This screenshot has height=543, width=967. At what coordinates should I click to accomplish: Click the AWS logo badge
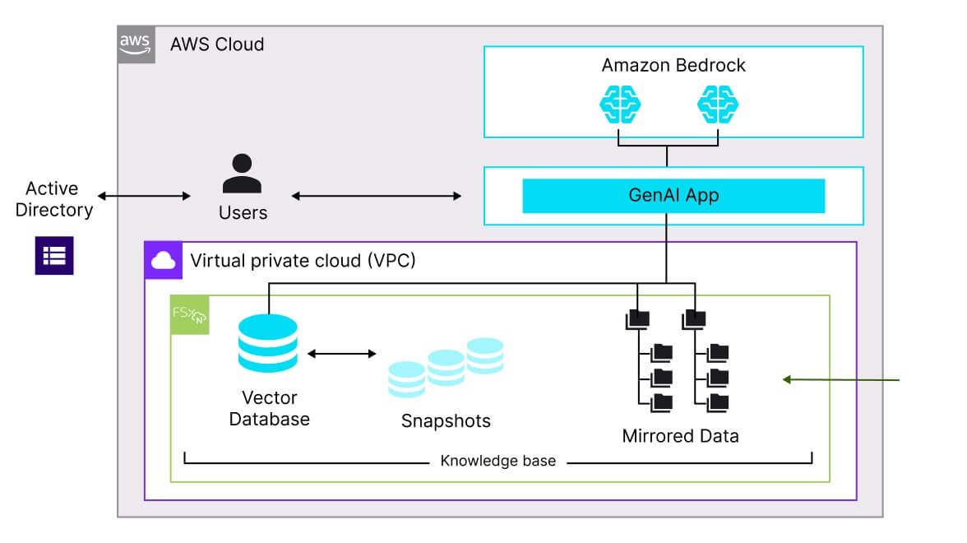pyautogui.click(x=136, y=44)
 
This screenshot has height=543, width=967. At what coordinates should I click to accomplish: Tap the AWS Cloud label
pyautogui.click(x=217, y=44)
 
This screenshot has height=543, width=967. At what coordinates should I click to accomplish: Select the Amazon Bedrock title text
pyautogui.click(x=673, y=65)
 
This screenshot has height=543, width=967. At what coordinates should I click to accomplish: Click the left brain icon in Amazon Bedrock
pyautogui.click(x=619, y=105)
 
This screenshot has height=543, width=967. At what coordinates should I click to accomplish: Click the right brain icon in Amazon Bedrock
pyautogui.click(x=718, y=105)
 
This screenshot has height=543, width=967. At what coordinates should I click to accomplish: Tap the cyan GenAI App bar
pyautogui.click(x=673, y=196)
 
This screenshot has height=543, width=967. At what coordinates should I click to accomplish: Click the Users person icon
pyautogui.click(x=243, y=174)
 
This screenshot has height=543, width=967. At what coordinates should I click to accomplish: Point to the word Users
pyautogui.click(x=243, y=213)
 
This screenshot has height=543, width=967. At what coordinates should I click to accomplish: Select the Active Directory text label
pyautogui.click(x=54, y=199)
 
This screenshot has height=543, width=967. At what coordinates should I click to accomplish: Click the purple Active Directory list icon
pyautogui.click(x=54, y=255)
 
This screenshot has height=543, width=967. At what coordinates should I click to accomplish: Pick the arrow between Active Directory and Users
pyautogui.click(x=144, y=196)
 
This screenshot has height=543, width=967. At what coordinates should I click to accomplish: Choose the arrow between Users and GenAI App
pyautogui.click(x=377, y=196)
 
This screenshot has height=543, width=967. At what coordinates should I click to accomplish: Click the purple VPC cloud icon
pyautogui.click(x=164, y=261)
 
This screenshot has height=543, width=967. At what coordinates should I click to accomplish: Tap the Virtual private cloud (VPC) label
pyautogui.click(x=303, y=261)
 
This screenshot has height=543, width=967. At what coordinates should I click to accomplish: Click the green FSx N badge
pyautogui.click(x=189, y=315)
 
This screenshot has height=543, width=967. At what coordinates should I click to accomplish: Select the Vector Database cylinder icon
pyautogui.click(x=267, y=345)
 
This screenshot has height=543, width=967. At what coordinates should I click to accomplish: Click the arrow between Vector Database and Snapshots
pyautogui.click(x=341, y=354)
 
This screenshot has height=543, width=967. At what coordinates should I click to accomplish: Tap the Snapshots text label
pyautogui.click(x=446, y=421)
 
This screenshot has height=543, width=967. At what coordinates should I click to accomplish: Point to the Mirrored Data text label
pyautogui.click(x=680, y=436)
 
